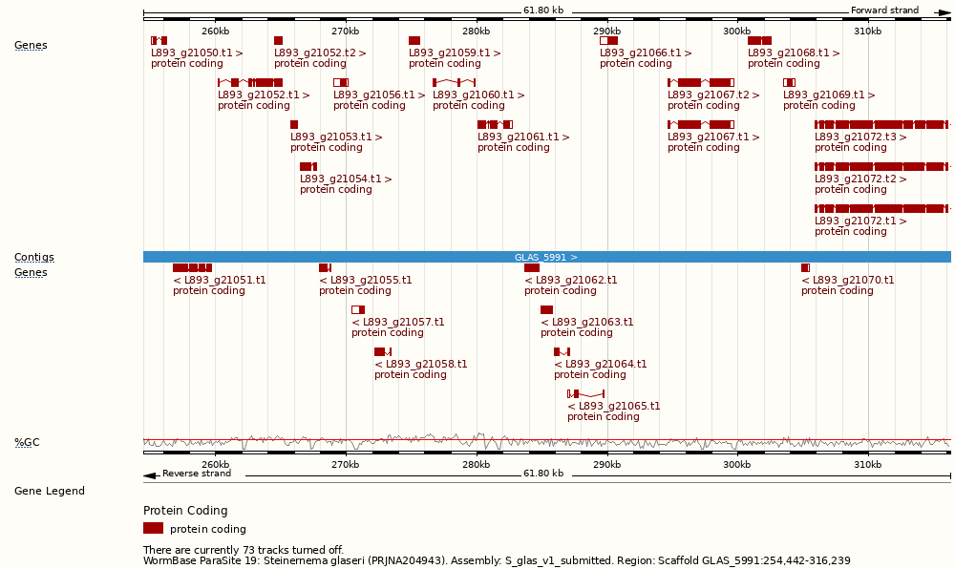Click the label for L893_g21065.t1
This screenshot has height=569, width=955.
tap(613, 406)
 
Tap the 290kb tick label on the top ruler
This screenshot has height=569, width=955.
tap(606, 32)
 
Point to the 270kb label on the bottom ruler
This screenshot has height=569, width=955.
tap(345, 465)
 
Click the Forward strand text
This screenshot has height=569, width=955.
tap(884, 11)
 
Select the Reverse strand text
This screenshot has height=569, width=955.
tap(196, 474)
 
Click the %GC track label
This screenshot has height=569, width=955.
tap(27, 442)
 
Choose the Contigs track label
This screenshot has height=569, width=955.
tap(33, 257)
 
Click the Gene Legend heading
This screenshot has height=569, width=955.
tap(49, 491)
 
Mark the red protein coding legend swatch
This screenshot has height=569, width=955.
tap(153, 528)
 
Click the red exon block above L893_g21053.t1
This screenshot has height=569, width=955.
tap(294, 124)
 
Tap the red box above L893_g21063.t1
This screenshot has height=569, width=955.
tap(546, 309)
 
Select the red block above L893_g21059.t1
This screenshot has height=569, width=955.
tap(414, 40)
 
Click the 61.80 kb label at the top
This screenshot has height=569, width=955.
tap(542, 11)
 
